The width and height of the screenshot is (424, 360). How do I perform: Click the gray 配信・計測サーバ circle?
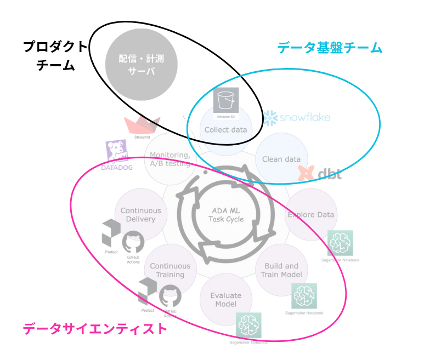(142, 64)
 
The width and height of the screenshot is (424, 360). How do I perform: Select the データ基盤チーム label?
(329, 48)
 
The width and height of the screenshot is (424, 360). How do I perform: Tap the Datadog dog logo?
(117, 153)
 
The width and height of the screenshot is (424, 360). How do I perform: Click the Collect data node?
(225, 130)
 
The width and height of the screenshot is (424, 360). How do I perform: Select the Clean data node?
(281, 159)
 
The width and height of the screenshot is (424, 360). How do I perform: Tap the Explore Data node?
(311, 214)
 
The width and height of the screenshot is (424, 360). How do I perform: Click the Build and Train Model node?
(281, 270)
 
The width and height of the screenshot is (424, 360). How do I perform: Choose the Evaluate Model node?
(225, 300)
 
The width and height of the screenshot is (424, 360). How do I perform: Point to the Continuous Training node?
(170, 270)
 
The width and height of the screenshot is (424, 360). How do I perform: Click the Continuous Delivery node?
(141, 214)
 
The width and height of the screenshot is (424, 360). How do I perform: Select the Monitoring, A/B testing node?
(170, 159)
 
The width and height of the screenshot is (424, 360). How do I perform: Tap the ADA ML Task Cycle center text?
(225, 214)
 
